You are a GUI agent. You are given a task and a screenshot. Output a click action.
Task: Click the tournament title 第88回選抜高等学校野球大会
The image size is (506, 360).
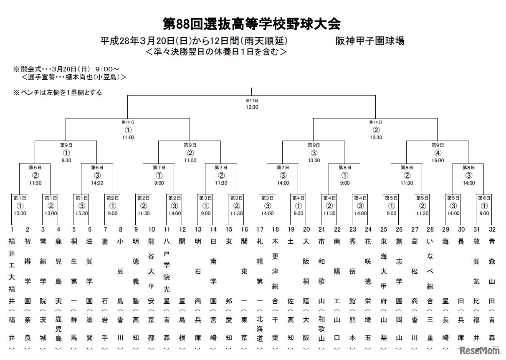click(x=251, y=24)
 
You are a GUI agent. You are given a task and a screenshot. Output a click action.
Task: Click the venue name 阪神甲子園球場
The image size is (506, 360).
click(x=370, y=41)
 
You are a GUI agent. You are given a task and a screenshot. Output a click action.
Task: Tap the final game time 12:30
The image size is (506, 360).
click(x=252, y=107)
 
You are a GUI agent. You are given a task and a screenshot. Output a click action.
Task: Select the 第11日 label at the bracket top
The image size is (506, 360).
click(x=252, y=101)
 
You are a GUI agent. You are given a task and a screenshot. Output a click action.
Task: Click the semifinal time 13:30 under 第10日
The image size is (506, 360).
click(x=376, y=137)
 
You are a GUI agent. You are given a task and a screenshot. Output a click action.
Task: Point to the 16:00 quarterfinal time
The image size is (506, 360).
click(x=438, y=160)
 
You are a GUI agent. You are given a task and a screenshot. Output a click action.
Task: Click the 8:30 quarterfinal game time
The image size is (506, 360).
click(x=66, y=160)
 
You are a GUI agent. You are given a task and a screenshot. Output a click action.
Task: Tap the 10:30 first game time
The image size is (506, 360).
click(x=20, y=214)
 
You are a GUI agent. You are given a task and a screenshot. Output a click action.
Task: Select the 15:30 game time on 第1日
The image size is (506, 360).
click(x=81, y=214)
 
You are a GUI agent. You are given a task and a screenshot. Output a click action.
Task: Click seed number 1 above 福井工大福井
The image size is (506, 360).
click(x=12, y=229)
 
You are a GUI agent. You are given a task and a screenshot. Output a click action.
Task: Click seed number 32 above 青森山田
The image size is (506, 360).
click(x=492, y=229)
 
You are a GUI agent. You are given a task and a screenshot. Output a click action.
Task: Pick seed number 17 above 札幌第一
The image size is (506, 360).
click(x=260, y=229)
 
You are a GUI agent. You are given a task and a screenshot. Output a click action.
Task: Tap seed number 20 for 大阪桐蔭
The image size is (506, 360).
click(x=306, y=229)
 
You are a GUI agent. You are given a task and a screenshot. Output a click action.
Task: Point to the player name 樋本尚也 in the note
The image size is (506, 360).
click(x=77, y=77)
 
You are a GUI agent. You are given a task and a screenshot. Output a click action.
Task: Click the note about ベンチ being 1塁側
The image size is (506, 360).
click(x=58, y=92)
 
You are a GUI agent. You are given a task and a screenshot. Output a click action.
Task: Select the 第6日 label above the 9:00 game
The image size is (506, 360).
click(x=484, y=198)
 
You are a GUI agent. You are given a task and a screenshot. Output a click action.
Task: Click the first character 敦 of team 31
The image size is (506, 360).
click(x=476, y=241)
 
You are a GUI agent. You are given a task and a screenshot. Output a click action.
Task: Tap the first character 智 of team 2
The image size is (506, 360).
click(x=28, y=241)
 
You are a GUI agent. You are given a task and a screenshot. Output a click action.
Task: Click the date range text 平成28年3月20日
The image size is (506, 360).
click(x=138, y=41)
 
